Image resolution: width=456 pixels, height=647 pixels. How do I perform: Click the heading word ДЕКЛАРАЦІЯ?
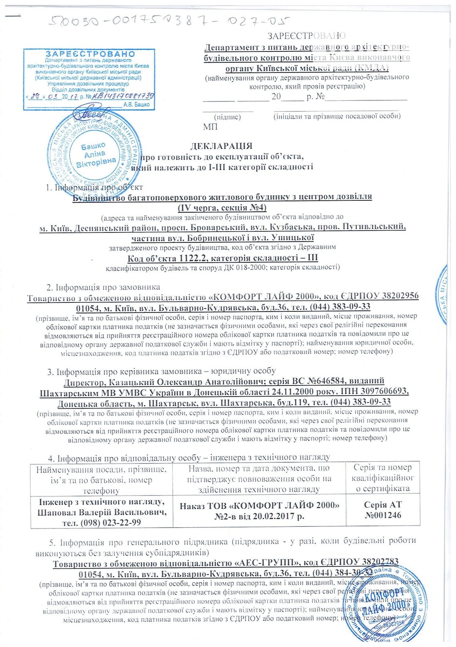[221, 146]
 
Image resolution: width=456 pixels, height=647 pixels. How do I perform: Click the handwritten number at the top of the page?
[169, 21]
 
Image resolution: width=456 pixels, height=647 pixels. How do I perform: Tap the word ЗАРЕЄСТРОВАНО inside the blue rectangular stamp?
[90, 54]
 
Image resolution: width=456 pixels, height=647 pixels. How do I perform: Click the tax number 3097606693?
[383, 392]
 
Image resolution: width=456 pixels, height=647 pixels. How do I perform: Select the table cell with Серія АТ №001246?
[383, 510]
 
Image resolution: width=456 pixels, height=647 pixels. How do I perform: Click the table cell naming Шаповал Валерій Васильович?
[102, 512]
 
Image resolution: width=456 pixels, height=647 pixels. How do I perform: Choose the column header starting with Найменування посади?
[101, 480]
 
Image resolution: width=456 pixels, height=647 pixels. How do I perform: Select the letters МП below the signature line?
[210, 127]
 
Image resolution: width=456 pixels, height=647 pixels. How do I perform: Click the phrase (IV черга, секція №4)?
[222, 207]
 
